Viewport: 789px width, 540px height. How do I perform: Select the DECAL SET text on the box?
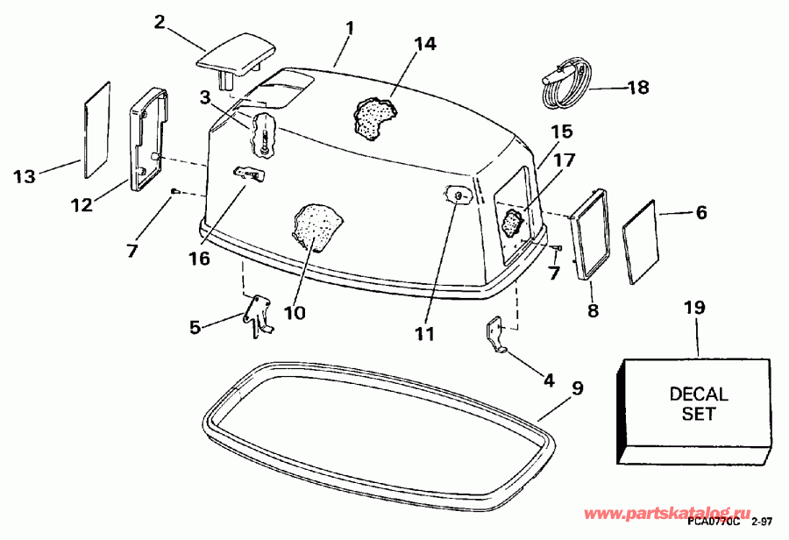[x=698, y=403]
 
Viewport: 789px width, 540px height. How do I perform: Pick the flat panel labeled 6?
[x=640, y=240]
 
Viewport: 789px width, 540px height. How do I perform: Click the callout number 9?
[x=577, y=387]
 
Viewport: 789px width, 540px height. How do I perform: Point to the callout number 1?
[x=348, y=29]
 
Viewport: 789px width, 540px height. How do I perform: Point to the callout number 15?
[x=561, y=132]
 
